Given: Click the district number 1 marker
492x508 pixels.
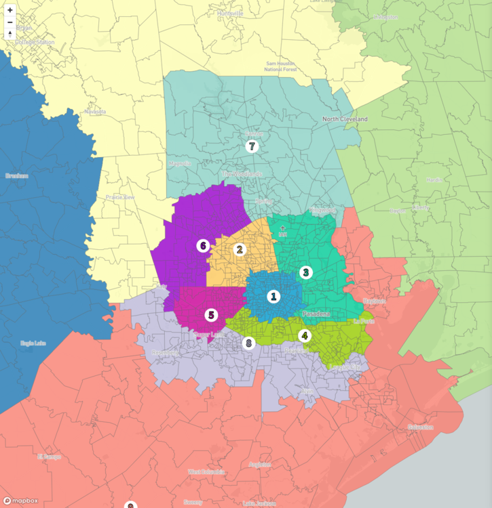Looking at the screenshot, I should pos(273,296).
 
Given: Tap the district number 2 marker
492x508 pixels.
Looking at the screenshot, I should pos(239,249).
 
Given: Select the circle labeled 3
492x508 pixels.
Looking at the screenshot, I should pos(306,272).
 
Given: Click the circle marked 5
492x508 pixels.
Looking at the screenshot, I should pos(211,314).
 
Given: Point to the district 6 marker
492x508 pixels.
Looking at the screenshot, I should pos(202,245).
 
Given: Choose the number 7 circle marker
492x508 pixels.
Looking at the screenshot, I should pos(252,146).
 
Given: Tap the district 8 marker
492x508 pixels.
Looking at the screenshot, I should pos(248,343).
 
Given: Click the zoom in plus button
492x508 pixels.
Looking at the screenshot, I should pos(10,10).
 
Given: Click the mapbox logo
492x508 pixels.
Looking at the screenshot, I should pos(20,501).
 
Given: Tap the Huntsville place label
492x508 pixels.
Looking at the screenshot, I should pos(231,14).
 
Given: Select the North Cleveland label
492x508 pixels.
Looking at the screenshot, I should pos(345,119).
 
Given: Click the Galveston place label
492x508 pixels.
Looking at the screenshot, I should pos(421,427).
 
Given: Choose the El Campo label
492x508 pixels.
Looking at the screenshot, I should pos(50,456).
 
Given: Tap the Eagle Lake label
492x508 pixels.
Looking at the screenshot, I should pos(33,343).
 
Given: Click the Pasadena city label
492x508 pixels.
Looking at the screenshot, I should pos(316,314).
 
